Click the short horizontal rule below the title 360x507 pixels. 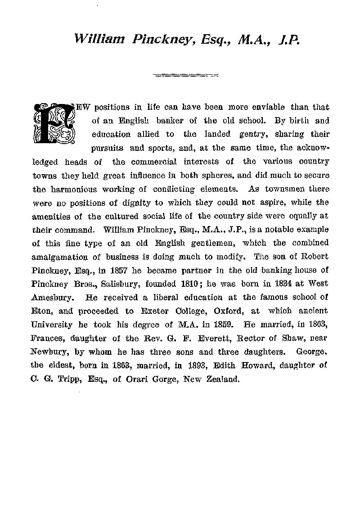click(185, 74)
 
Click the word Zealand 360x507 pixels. click(222, 380)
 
